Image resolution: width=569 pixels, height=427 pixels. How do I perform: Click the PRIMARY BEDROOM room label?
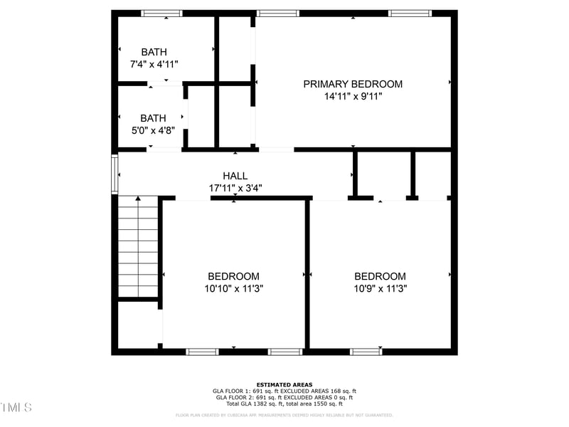point(353,84)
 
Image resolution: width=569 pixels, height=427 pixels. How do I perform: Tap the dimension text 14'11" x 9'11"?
point(353,97)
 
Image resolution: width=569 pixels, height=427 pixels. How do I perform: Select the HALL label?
point(235,176)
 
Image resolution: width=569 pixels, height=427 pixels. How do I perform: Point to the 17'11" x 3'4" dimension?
point(235,189)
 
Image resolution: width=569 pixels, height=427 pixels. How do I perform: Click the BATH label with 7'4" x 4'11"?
point(154,52)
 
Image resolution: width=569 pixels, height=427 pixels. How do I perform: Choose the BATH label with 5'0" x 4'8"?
point(153,118)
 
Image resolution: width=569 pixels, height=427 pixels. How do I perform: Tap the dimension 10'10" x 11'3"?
point(233,289)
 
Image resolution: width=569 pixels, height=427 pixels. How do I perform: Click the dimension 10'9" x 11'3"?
point(381,289)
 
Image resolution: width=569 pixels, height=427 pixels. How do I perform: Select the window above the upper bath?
point(161,13)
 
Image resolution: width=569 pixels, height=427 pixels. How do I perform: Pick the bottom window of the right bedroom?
point(366,351)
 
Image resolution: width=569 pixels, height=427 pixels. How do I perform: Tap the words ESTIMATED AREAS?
point(284,384)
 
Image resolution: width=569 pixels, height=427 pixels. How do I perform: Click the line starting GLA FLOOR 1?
point(284,391)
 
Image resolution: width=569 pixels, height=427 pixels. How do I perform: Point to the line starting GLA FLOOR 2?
point(284,397)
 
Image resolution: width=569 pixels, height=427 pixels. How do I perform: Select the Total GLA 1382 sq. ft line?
point(284,404)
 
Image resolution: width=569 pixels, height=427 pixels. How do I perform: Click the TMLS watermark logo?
point(16,407)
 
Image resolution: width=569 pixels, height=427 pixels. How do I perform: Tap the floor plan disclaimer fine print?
point(284,415)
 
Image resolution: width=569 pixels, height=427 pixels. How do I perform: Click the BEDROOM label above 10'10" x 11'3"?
point(233,276)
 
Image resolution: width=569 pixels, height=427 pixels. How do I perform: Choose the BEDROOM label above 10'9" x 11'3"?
point(381,276)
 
